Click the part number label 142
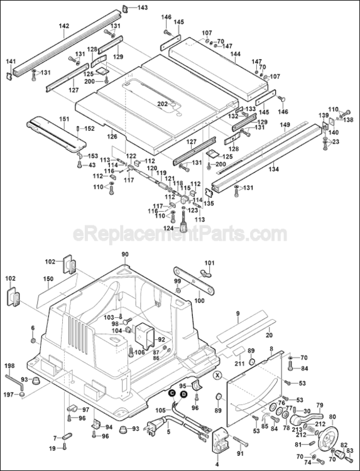(x=64, y=26)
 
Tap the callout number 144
(x=236, y=55)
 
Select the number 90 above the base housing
(x=124, y=254)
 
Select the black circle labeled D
(x=183, y=394)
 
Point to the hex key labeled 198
(x=14, y=379)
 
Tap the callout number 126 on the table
(x=112, y=136)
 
